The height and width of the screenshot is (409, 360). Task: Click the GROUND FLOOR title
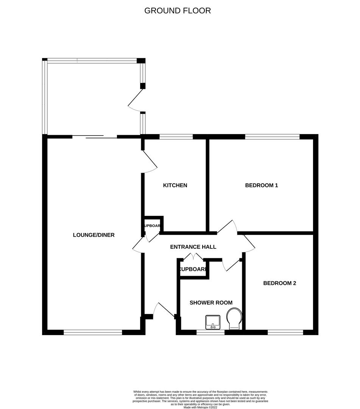pos(178,11)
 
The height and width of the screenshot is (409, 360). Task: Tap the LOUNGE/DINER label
pos(94,235)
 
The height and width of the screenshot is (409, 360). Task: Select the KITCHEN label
pos(175,186)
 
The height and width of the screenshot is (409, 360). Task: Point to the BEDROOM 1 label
pos(262,186)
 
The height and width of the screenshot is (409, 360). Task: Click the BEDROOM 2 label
pos(280,283)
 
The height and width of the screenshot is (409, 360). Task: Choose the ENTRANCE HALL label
pos(193,247)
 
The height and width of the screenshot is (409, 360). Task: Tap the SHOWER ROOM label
pos(211,303)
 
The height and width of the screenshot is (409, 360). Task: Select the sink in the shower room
pos(213,322)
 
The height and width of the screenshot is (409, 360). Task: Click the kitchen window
pos(176,136)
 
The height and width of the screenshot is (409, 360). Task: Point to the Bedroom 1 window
pos(272,136)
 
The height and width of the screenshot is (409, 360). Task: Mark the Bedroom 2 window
pos(285,333)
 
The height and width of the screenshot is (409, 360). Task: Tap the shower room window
pos(210,333)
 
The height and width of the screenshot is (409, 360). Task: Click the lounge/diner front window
pos(93,333)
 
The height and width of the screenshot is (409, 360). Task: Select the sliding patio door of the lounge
pos(95,137)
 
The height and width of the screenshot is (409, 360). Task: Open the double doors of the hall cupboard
pos(193,258)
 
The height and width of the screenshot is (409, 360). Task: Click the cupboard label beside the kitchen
pos(152,226)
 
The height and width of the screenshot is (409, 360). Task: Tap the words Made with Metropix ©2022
pos(201,407)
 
